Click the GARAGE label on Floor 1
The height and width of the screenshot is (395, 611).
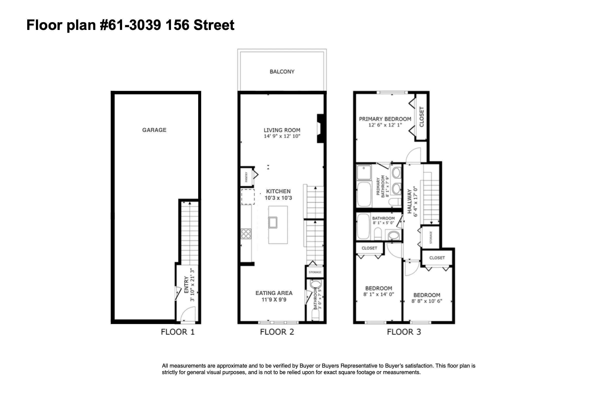pyautogui.click(x=154, y=130)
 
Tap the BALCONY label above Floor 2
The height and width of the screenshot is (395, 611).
pyautogui.click(x=282, y=72)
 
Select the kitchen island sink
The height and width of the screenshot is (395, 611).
pyautogui.click(x=273, y=222)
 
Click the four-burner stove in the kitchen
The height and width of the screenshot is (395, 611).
pyautogui.click(x=246, y=234)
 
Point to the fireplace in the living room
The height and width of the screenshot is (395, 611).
pyautogui.click(x=320, y=128)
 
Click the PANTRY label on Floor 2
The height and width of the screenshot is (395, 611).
pyautogui.click(x=246, y=177)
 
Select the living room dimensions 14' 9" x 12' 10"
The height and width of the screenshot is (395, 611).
pyautogui.click(x=282, y=136)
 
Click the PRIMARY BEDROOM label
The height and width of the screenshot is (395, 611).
pyautogui.click(x=385, y=119)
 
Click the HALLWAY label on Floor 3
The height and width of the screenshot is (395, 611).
pyautogui.click(x=410, y=201)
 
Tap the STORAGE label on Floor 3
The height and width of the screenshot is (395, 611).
pyautogui.click(x=431, y=237)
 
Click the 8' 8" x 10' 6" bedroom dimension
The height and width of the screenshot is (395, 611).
pyautogui.click(x=427, y=301)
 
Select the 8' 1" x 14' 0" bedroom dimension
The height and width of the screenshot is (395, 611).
pyautogui.click(x=378, y=294)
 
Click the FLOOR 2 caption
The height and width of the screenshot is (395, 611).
pyautogui.click(x=277, y=332)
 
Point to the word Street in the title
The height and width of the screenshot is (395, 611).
pyautogui.click(x=214, y=25)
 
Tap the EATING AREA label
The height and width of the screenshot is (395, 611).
pyautogui.click(x=274, y=293)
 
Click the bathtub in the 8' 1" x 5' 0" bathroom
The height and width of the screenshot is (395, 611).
pyautogui.click(x=363, y=226)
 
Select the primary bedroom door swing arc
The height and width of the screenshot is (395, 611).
pyautogui.click(x=413, y=155)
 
